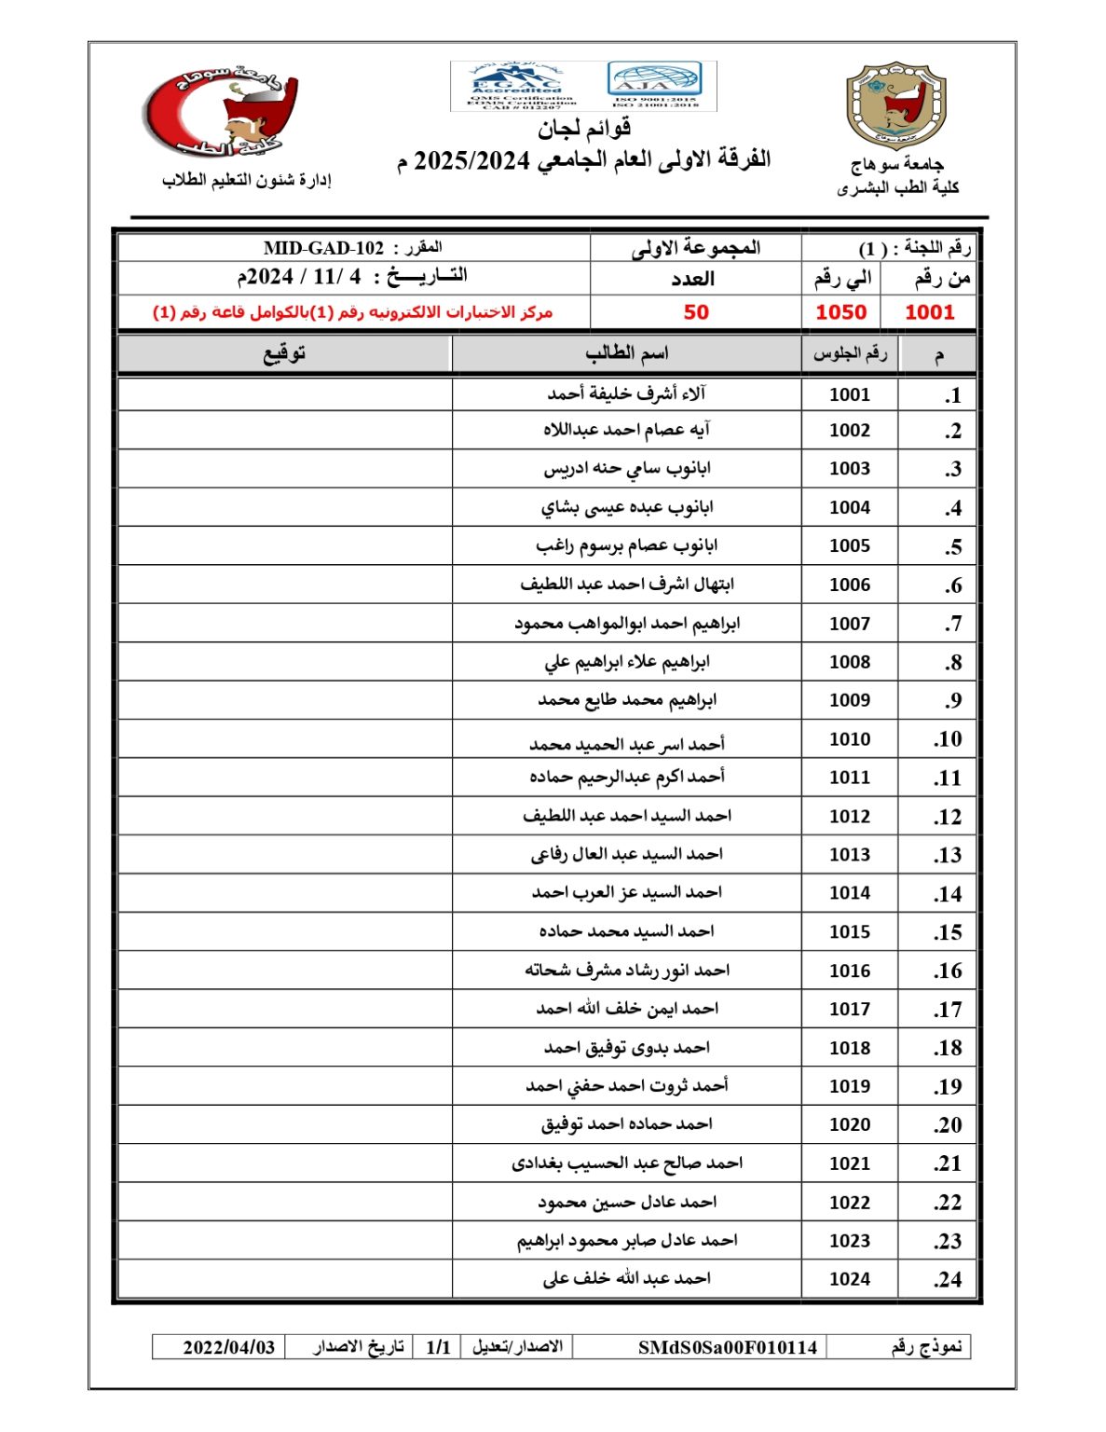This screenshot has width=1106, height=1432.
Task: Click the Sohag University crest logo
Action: point(894,105)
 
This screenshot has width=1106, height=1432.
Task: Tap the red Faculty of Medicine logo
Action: point(222,111)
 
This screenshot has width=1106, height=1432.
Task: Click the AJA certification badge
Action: point(654,85)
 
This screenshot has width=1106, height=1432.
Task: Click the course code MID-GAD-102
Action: point(323,248)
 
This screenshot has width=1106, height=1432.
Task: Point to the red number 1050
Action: point(840,312)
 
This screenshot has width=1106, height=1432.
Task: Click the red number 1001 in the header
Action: point(930,312)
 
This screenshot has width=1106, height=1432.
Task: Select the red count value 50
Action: point(696,312)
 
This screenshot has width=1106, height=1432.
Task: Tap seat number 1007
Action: point(850,624)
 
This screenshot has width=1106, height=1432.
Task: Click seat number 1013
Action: point(850,855)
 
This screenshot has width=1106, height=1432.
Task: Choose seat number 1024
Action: point(850,1279)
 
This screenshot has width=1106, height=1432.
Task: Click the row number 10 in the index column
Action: point(948,739)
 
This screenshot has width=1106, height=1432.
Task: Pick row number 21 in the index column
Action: point(948,1163)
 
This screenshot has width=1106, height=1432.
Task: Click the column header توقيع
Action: point(284,354)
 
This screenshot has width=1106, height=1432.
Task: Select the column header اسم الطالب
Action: point(626,354)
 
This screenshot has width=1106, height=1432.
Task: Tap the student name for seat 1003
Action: point(626,469)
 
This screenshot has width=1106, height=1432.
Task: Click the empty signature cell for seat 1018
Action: point(284,1048)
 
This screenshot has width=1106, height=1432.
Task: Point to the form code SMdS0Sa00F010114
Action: point(727,1347)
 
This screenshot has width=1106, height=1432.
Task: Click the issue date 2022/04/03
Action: point(228,1347)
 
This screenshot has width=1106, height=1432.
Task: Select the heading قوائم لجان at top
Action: point(584,128)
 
